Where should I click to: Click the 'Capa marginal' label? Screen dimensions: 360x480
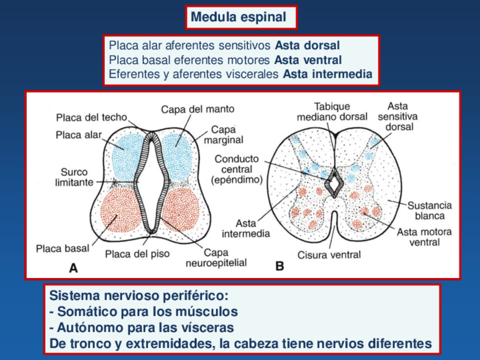click(227, 134)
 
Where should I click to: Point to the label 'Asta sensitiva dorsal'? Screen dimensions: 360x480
click(399, 116)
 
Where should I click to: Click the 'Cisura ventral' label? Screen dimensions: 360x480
click(329, 255)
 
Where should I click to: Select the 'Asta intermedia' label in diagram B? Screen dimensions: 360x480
click(246, 228)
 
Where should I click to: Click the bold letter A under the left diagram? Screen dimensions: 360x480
click(73, 268)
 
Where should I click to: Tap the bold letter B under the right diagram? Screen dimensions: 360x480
click(280, 267)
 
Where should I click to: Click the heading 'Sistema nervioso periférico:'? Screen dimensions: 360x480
click(139, 295)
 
